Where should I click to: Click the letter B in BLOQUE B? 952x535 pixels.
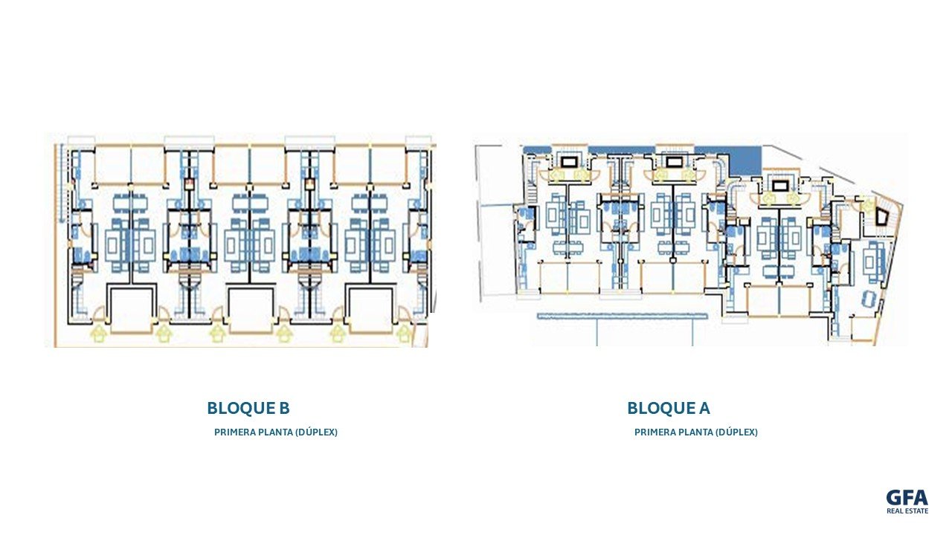point(283,408)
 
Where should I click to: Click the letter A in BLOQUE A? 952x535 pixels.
point(704,408)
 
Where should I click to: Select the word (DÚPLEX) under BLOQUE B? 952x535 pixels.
point(316,432)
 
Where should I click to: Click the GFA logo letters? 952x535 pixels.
point(907,498)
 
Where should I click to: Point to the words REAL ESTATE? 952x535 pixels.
point(907,511)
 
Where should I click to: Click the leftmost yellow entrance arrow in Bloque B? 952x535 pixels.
point(97,334)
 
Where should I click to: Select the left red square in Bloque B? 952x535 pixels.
point(189,182)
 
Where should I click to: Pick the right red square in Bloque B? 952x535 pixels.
point(309,182)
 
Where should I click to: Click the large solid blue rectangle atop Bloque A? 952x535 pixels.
point(746,157)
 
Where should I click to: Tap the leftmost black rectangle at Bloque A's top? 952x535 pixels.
point(569,160)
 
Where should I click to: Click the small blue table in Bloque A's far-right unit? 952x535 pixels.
point(867,297)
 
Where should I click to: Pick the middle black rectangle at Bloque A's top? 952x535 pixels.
point(674,160)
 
